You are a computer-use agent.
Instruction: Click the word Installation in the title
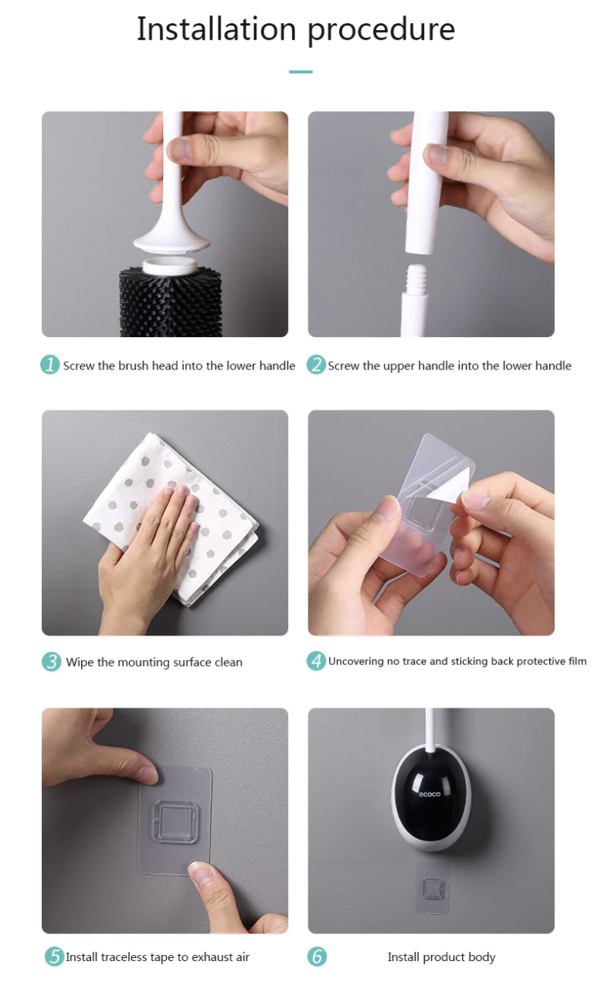(216, 29)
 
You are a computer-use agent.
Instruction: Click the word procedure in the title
(382, 31)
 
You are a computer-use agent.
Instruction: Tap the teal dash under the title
(301, 71)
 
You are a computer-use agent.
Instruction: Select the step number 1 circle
(50, 364)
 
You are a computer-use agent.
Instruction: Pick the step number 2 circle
(316, 364)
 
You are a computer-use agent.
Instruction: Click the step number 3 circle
(52, 661)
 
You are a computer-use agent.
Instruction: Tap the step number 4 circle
(316, 660)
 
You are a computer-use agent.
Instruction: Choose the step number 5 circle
(54, 956)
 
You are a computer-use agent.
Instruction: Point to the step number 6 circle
(317, 956)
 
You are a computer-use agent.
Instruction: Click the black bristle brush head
(171, 302)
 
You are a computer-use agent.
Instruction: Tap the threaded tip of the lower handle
(416, 277)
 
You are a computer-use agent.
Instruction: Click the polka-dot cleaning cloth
(171, 519)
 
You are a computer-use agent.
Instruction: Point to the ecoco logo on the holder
(430, 794)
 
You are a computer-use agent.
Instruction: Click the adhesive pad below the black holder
(432, 888)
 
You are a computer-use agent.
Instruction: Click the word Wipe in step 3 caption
(80, 663)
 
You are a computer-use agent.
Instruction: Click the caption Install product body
(441, 957)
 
